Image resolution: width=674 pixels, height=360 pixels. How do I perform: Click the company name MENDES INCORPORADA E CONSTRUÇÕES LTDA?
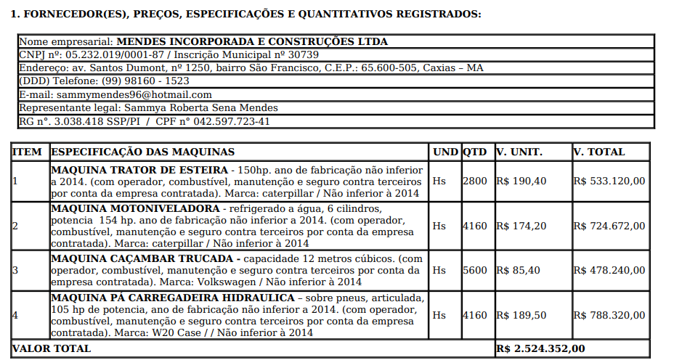(252, 41)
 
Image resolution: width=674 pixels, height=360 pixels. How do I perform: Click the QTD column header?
(475, 152)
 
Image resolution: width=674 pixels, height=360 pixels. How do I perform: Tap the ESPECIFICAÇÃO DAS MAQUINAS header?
(143, 152)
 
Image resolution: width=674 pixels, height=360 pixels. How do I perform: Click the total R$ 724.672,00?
(609, 226)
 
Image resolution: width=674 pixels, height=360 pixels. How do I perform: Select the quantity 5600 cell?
(475, 270)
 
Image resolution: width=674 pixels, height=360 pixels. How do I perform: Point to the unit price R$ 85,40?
(517, 270)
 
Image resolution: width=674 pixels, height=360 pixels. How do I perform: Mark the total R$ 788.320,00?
(609, 315)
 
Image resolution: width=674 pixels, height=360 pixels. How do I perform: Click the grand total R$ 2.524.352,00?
(540, 348)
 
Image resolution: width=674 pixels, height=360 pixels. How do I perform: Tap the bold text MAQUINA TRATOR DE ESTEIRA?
(139, 171)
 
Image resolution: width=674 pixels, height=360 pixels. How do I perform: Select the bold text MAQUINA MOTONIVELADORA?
(135, 208)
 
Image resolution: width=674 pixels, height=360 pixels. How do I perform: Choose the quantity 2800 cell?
(475, 181)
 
